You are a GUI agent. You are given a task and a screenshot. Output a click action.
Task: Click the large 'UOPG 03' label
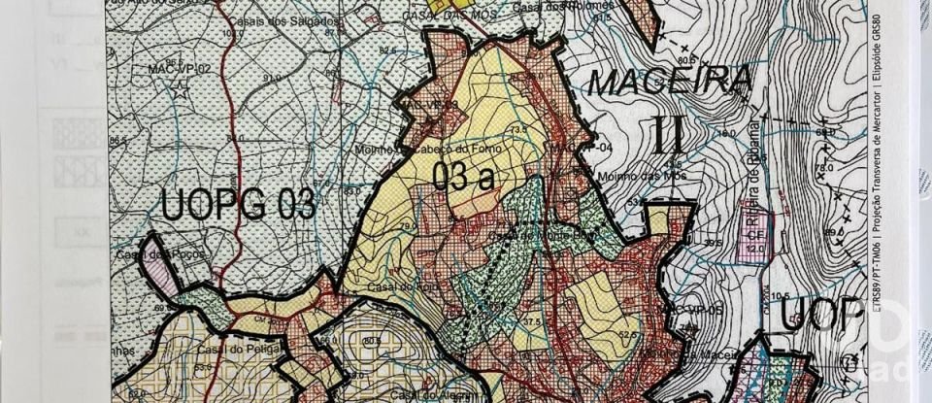(x=238, y=206)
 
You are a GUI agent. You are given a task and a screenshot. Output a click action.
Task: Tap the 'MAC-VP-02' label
(x=180, y=70)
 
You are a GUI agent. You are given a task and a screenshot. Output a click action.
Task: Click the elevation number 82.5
(x=388, y=50)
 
